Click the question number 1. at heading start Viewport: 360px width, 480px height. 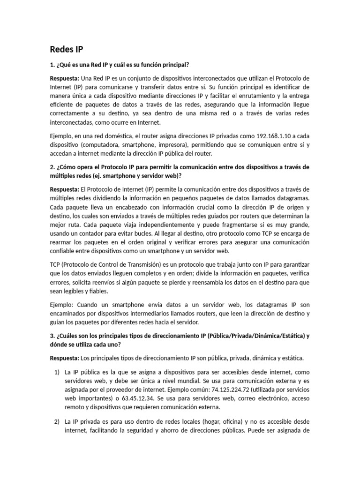[52, 64]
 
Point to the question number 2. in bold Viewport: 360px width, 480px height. [52, 167]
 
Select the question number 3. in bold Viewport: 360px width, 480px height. [52, 336]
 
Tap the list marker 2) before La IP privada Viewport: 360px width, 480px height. [55, 421]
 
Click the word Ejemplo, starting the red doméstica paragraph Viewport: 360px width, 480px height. [63, 133]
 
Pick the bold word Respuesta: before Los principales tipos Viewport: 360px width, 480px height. [65, 359]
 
